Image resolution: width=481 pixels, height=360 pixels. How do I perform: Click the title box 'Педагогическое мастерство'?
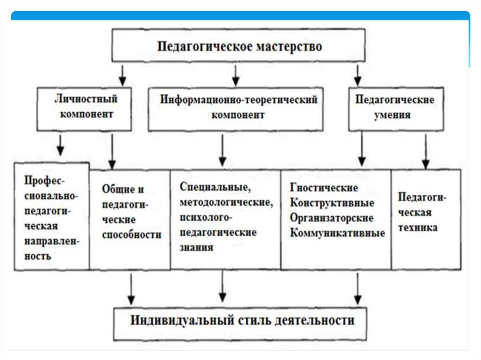click(239, 46)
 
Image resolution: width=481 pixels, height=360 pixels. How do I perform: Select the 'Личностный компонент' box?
click(84, 107)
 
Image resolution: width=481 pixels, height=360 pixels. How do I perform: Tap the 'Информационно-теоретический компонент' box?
click(235, 108)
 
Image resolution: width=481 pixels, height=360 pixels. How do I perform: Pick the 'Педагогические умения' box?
click(396, 108)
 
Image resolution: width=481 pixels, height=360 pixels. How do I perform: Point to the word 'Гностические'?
click(324, 189)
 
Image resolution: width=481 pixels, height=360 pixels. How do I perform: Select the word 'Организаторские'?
click(331, 218)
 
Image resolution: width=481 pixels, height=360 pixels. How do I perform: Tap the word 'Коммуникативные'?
click(337, 233)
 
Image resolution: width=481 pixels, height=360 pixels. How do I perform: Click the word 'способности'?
click(131, 235)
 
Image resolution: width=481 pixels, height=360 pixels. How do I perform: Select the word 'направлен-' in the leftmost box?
click(52, 242)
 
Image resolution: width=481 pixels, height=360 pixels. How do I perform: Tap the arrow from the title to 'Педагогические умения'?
click(358, 75)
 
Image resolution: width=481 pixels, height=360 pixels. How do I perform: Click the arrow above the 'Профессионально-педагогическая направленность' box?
click(60, 146)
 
